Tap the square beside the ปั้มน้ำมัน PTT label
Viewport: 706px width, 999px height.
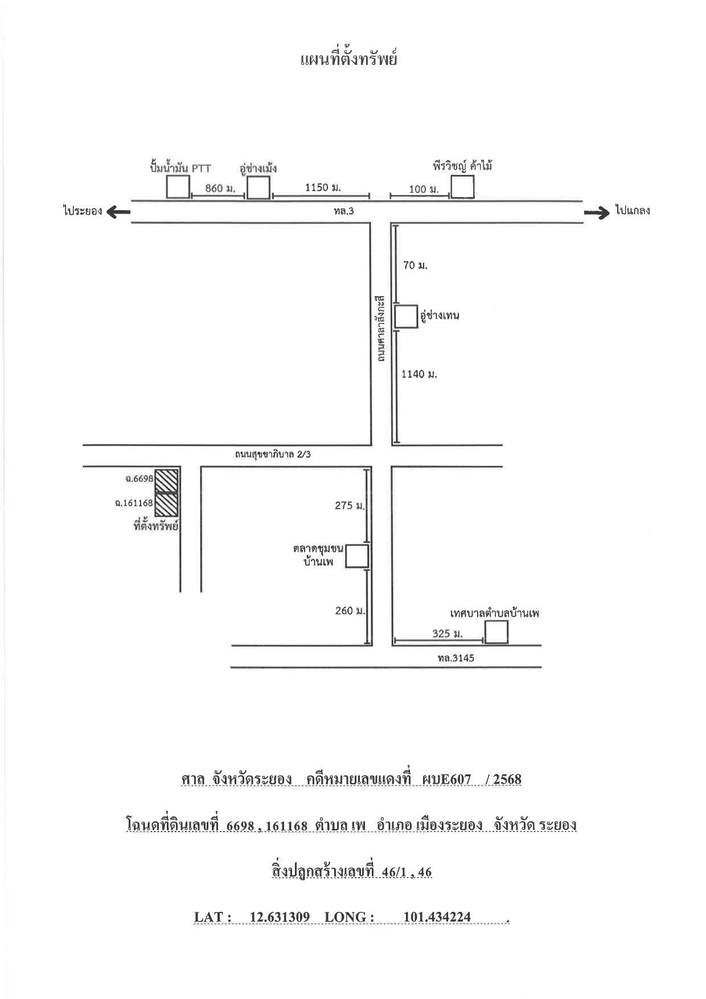[178, 187]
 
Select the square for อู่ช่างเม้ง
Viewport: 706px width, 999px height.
[258, 187]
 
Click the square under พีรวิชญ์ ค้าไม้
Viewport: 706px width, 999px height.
[462, 187]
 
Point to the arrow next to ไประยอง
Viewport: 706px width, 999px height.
[118, 211]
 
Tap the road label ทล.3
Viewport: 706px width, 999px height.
[344, 211]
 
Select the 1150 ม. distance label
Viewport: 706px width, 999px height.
[323, 187]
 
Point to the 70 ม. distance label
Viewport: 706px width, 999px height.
[415, 265]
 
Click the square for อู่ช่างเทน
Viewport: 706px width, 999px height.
[406, 317]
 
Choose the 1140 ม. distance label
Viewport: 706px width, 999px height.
[419, 374]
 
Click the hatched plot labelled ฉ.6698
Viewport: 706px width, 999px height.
[166, 480]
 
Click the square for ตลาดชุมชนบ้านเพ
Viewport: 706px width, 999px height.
[357, 556]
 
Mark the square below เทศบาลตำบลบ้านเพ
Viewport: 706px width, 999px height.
[496, 632]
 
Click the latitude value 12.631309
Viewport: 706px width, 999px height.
[280, 917]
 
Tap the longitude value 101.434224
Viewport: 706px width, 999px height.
[437, 917]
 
